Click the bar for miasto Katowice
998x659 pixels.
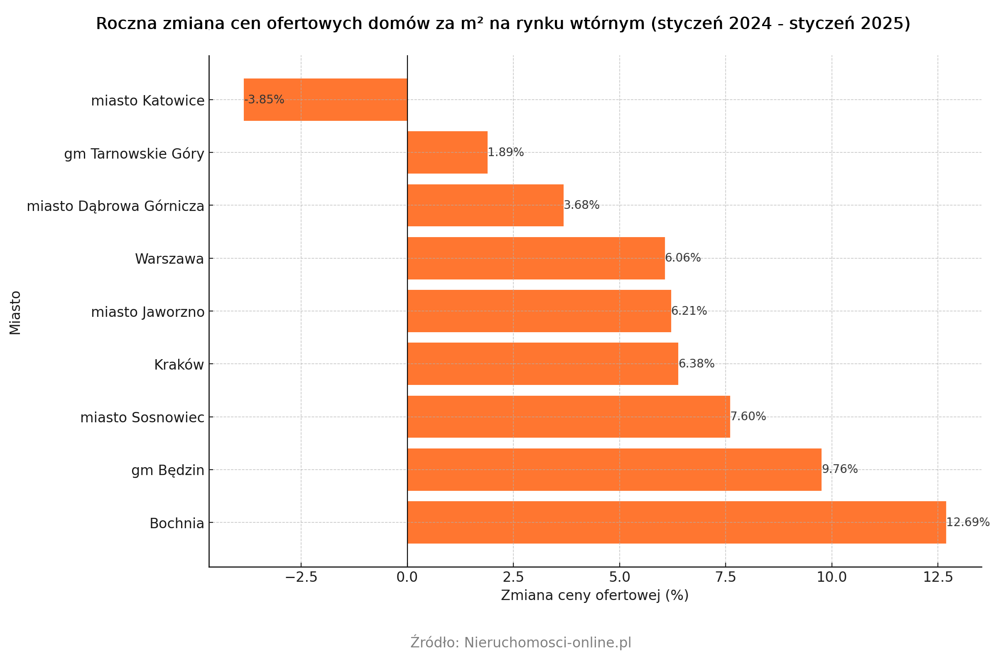pos(325,100)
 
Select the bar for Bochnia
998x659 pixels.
pos(677,522)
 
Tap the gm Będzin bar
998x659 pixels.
pos(614,470)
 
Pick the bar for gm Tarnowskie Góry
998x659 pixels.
pos(447,152)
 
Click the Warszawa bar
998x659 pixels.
pos(536,258)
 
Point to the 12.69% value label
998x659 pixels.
pos(968,522)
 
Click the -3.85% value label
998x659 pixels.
pos(265,100)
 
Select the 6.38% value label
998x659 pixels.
pos(696,363)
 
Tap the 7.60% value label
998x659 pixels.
pos(748,416)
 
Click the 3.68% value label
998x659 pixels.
pos(581,205)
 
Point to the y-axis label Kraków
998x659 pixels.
pos(179,365)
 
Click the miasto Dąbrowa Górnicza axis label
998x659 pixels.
pos(115,206)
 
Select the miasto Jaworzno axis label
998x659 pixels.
pos(147,312)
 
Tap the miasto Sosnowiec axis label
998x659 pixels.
pos(142,418)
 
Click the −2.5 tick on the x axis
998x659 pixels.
pos(301,577)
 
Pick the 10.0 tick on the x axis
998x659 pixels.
pos(831,577)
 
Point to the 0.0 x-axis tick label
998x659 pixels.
pos(407,577)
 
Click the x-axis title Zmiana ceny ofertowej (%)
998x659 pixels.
pos(594,595)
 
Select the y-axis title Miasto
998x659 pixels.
pos(15,313)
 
